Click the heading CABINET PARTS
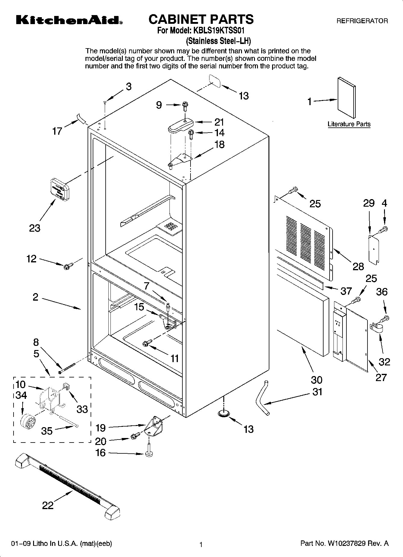201,19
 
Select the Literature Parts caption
349,124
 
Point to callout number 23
35,228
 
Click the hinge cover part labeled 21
180,125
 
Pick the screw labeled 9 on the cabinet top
185,105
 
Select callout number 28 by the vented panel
358,266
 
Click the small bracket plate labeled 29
373,250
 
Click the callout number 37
346,291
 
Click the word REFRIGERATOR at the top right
362,21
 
